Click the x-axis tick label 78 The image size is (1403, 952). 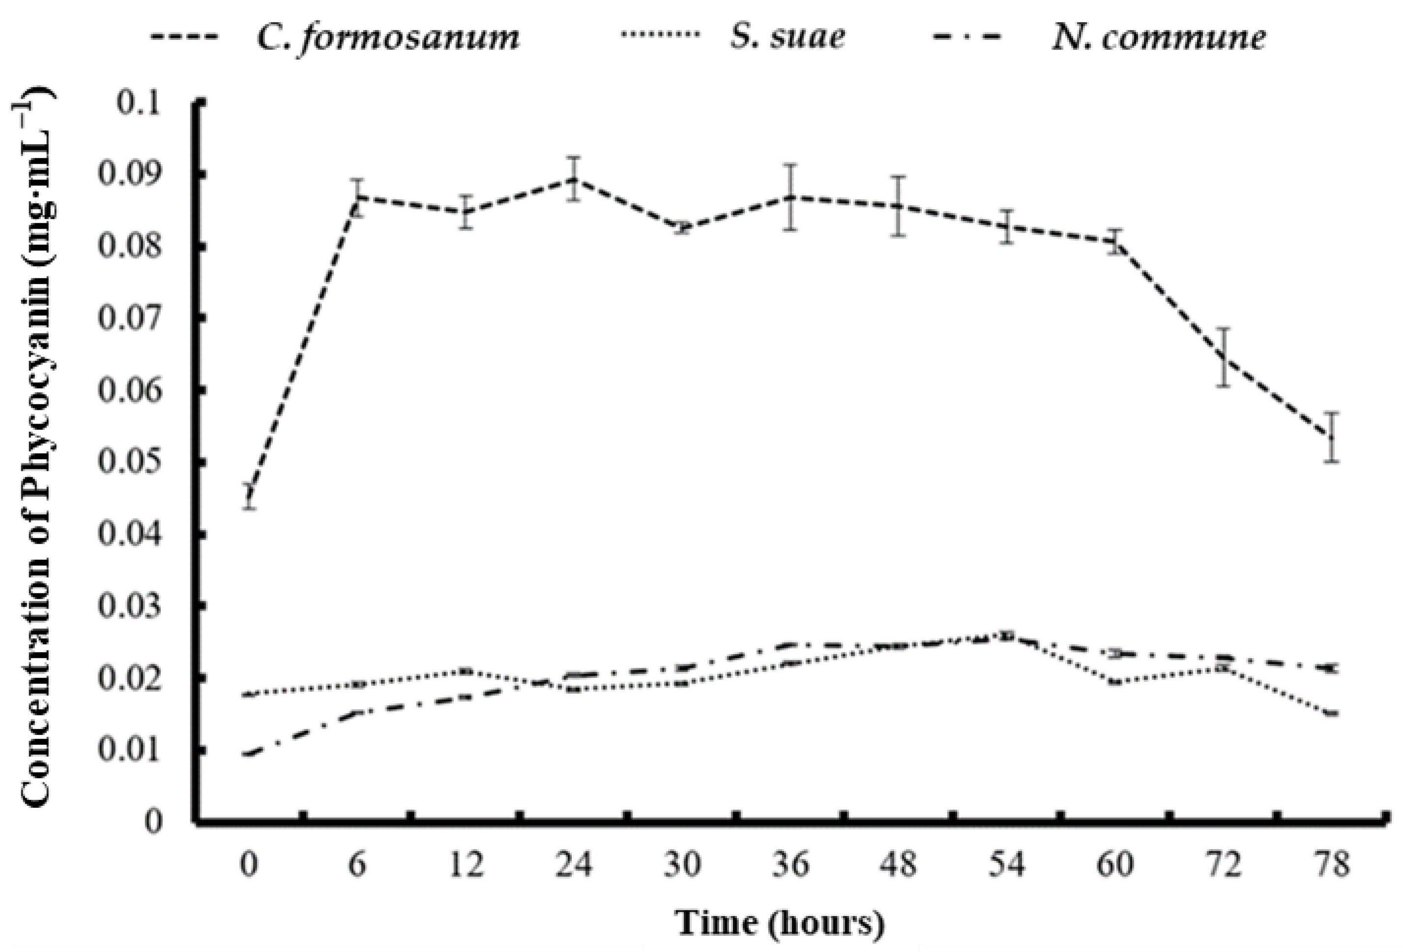1332,865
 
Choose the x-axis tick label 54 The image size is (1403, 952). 1006,865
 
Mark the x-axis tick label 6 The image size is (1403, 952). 357,865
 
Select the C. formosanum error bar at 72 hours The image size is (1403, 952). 1223,357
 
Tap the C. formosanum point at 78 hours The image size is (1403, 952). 1332,437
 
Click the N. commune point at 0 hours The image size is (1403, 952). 249,753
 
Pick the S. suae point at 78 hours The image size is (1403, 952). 1332,713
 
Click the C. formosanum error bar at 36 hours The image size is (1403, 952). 791,197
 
